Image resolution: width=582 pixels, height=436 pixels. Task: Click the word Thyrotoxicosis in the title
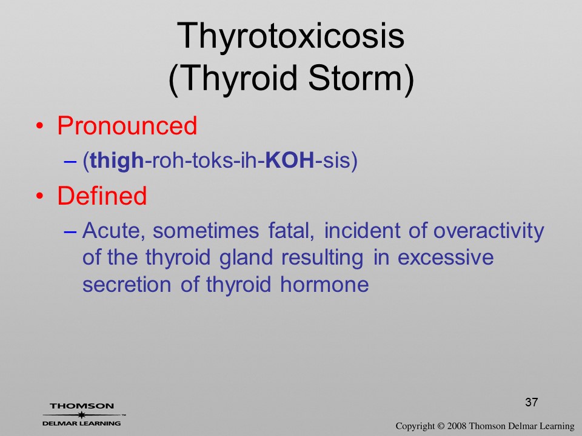(290, 36)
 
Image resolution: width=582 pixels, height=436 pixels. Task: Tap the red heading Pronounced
(127, 125)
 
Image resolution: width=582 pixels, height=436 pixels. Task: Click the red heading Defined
(102, 196)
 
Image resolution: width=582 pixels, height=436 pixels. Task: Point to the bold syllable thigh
(116, 161)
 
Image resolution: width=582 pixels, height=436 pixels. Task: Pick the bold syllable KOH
(290, 160)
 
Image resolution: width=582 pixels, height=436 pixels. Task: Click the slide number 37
(532, 402)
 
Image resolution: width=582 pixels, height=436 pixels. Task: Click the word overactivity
(489, 231)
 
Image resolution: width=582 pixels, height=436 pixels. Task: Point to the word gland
(247, 258)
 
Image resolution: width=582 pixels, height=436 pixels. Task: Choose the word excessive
(446, 257)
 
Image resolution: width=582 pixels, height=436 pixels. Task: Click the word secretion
(127, 285)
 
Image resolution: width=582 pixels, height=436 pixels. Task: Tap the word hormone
(324, 285)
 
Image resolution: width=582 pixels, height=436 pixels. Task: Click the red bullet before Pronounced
(40, 126)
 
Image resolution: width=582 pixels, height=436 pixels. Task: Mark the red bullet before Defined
(40, 196)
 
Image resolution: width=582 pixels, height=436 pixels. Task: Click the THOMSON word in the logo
(82, 406)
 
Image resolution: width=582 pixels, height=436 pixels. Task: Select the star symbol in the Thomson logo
(82, 415)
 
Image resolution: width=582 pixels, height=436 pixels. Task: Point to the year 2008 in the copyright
(457, 426)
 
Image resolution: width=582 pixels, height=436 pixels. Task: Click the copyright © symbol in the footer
(440, 426)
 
